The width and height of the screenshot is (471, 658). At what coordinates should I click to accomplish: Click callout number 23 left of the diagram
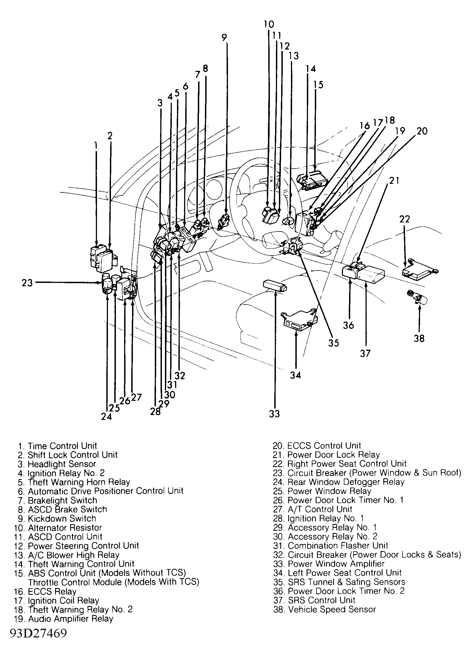(27, 283)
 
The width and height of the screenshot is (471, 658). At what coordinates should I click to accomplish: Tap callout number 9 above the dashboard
(224, 38)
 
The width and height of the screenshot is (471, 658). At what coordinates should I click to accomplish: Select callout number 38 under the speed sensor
(419, 338)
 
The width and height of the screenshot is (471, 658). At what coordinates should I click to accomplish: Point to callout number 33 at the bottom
(274, 414)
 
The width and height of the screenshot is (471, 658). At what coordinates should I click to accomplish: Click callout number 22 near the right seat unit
(405, 219)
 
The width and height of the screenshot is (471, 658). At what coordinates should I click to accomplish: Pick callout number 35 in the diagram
(333, 343)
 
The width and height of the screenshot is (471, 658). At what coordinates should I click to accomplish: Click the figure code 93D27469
(38, 633)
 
